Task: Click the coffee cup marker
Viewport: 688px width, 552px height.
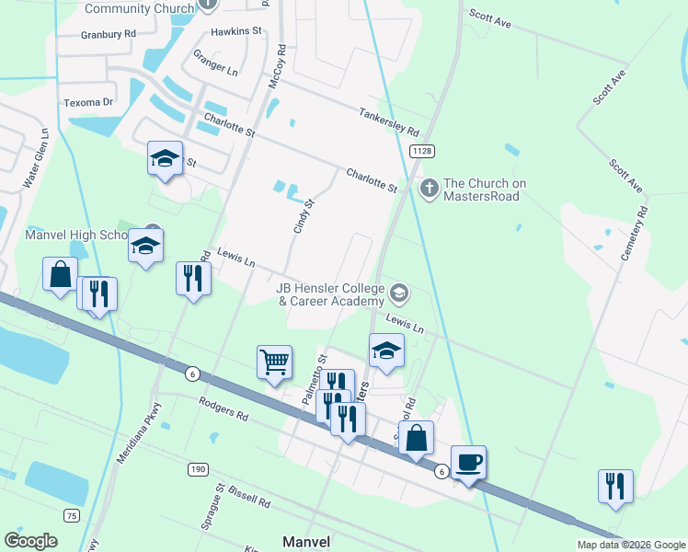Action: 468,462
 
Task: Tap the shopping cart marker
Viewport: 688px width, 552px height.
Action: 275,362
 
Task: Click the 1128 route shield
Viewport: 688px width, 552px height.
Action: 422,151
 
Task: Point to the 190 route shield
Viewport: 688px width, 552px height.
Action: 198,469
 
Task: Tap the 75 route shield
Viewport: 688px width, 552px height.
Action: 72,515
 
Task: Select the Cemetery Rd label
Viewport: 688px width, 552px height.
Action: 635,234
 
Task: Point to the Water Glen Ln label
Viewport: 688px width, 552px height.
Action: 36,165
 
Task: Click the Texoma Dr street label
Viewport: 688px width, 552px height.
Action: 87,103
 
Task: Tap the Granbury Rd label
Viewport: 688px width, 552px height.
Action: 109,33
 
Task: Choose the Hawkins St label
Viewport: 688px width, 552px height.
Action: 236,30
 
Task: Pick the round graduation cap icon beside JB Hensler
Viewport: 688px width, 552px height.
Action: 398,294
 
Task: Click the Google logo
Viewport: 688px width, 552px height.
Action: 30,541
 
